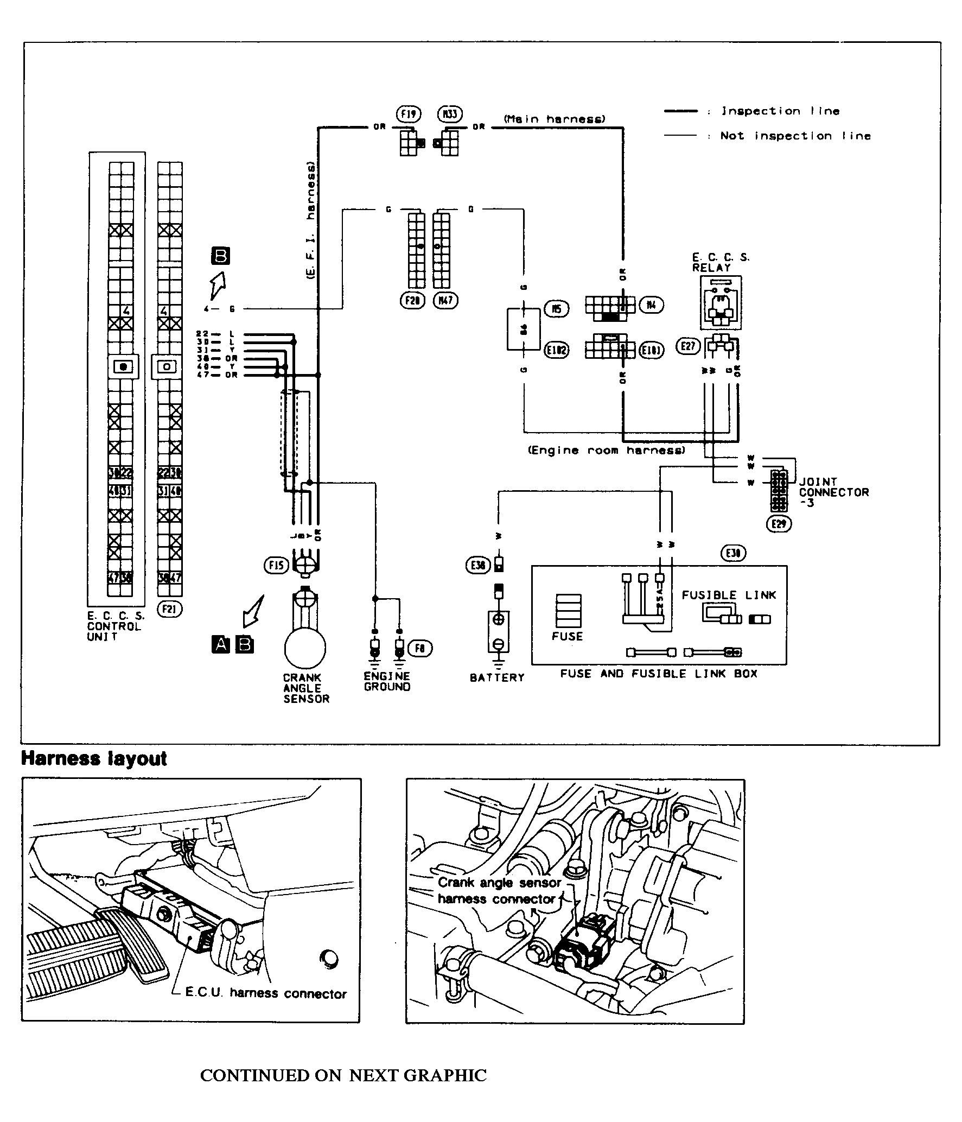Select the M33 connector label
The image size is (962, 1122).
(449, 115)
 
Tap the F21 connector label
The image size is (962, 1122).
(169, 609)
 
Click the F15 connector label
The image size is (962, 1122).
(276, 566)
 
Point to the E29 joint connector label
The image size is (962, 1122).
(779, 524)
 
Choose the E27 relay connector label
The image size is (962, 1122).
(688, 346)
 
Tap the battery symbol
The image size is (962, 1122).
(499, 632)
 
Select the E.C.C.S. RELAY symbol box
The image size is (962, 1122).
(721, 303)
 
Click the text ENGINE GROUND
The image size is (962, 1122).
(387, 682)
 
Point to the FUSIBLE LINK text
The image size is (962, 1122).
(729, 595)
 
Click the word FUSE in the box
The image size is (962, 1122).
(567, 636)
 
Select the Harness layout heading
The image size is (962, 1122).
(94, 758)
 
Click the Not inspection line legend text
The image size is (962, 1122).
(795, 136)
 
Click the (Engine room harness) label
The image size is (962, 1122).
(607, 451)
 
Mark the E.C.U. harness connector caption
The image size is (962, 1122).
(266, 994)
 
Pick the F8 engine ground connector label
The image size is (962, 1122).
(420, 648)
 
